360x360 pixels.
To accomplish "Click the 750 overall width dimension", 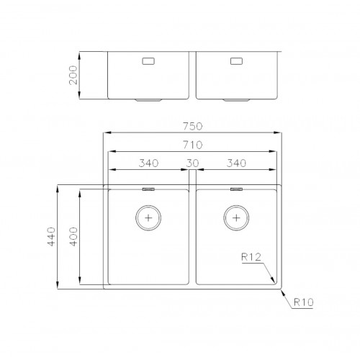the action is pyautogui.click(x=193, y=126).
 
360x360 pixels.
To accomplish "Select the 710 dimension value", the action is pyautogui.click(x=193, y=145).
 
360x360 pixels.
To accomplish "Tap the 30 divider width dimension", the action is pyautogui.click(x=192, y=163).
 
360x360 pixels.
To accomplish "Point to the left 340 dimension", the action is pyautogui.click(x=148, y=163).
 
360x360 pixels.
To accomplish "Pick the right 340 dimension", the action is pyautogui.click(x=236, y=163).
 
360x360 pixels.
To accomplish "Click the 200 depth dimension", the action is pyautogui.click(x=73, y=75).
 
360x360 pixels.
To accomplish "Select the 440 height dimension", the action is pyautogui.click(x=51, y=237).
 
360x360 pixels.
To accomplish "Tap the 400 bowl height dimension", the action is pyautogui.click(x=73, y=237).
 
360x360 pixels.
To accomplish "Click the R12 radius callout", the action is pyautogui.click(x=251, y=257).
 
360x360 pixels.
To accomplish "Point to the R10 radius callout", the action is pyautogui.click(x=304, y=302).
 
